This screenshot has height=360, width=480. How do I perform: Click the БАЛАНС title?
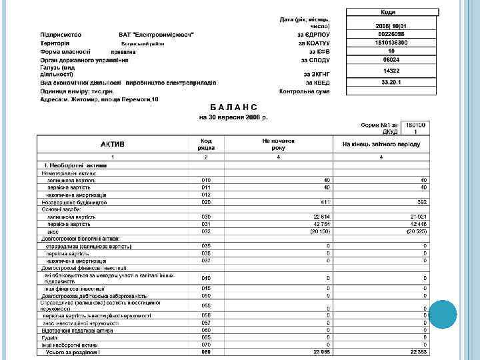(233, 107)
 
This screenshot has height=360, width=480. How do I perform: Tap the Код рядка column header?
(206, 144)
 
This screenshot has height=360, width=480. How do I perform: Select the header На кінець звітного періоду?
(379, 144)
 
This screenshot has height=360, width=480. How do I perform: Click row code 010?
(206, 181)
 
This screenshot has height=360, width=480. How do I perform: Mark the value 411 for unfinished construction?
(325, 201)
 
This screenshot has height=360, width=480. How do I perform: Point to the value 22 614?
(322, 217)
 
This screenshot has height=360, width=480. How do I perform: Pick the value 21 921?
(418, 217)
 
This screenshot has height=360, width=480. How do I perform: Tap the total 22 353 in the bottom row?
(418, 351)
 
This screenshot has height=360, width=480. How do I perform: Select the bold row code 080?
(206, 351)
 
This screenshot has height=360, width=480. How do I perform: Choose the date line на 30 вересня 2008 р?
(233, 117)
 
